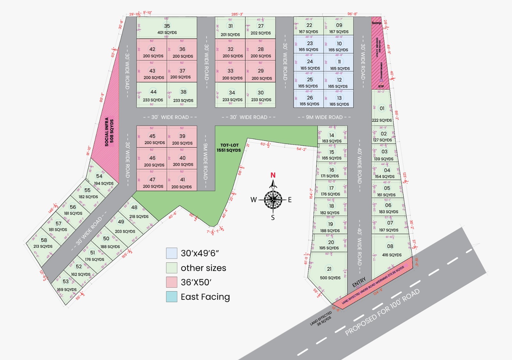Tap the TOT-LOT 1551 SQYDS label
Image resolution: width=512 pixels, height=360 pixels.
(x=229, y=148)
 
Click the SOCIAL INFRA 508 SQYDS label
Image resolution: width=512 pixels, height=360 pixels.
(x=109, y=132)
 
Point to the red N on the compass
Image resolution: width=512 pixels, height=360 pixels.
(x=273, y=175)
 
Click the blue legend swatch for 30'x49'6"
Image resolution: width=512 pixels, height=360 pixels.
(x=172, y=253)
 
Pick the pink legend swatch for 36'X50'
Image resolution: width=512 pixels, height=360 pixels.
(x=172, y=282)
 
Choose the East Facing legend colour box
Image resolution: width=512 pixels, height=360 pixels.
(x=172, y=297)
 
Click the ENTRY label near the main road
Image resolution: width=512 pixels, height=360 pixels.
(x=359, y=283)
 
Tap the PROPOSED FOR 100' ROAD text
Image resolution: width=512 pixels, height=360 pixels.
(x=382, y=312)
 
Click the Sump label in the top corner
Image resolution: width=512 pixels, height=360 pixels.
(x=376, y=23)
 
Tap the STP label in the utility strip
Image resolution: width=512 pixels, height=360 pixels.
(x=381, y=86)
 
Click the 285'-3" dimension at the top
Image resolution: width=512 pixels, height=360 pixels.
(x=237, y=14)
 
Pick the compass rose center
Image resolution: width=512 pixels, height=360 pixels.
(x=273, y=200)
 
